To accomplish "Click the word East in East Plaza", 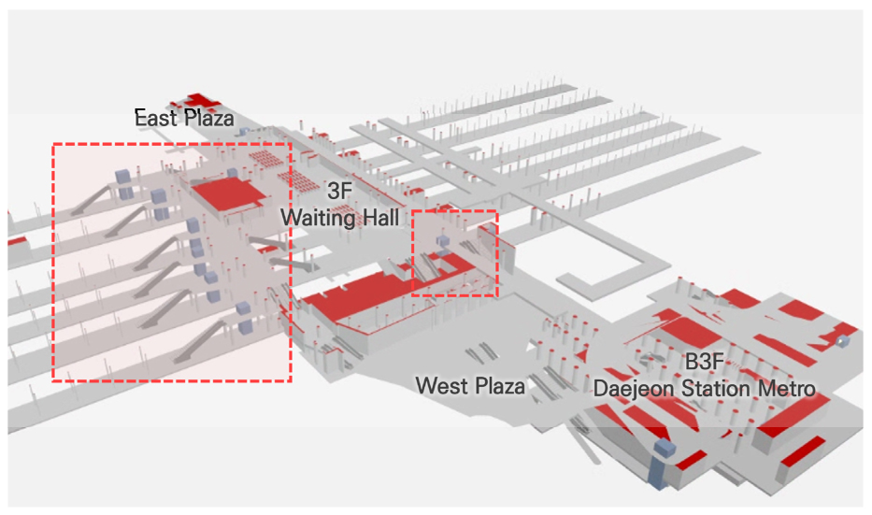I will [155, 119].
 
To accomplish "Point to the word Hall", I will [379, 218].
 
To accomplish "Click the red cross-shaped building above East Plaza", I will [197, 101].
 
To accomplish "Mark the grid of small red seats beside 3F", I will [265, 158].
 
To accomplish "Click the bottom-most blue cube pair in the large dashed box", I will [245, 327].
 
